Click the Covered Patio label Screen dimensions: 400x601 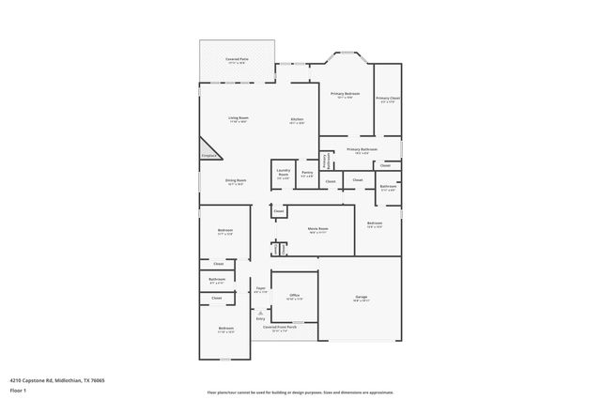[237, 59]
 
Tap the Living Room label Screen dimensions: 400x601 [238, 118]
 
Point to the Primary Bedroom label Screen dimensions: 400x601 [345, 94]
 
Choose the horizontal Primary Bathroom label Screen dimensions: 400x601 [362, 149]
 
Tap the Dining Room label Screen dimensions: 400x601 [235, 180]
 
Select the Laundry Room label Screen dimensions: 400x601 [283, 174]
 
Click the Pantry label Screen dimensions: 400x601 [307, 173]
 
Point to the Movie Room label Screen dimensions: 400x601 [317, 229]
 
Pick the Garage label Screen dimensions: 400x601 [361, 300]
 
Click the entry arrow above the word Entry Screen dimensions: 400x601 [260, 312]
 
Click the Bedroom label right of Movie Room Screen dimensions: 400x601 [374, 224]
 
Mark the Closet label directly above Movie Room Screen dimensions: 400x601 [279, 212]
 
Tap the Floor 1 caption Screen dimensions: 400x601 [18, 390]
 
